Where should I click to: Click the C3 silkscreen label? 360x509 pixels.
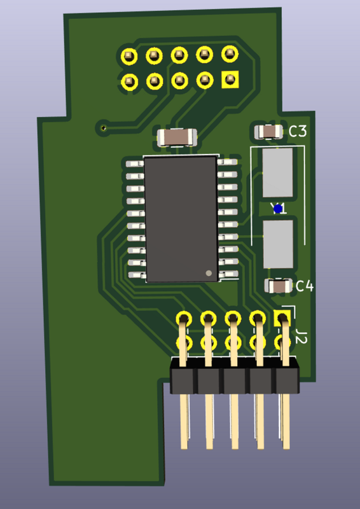[298, 132]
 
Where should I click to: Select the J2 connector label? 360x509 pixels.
[301, 338]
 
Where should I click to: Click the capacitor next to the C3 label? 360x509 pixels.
[268, 132]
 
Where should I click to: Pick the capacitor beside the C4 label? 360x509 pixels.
[277, 286]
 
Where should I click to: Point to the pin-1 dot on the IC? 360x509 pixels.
[208, 273]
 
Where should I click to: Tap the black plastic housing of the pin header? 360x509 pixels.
[234, 380]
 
